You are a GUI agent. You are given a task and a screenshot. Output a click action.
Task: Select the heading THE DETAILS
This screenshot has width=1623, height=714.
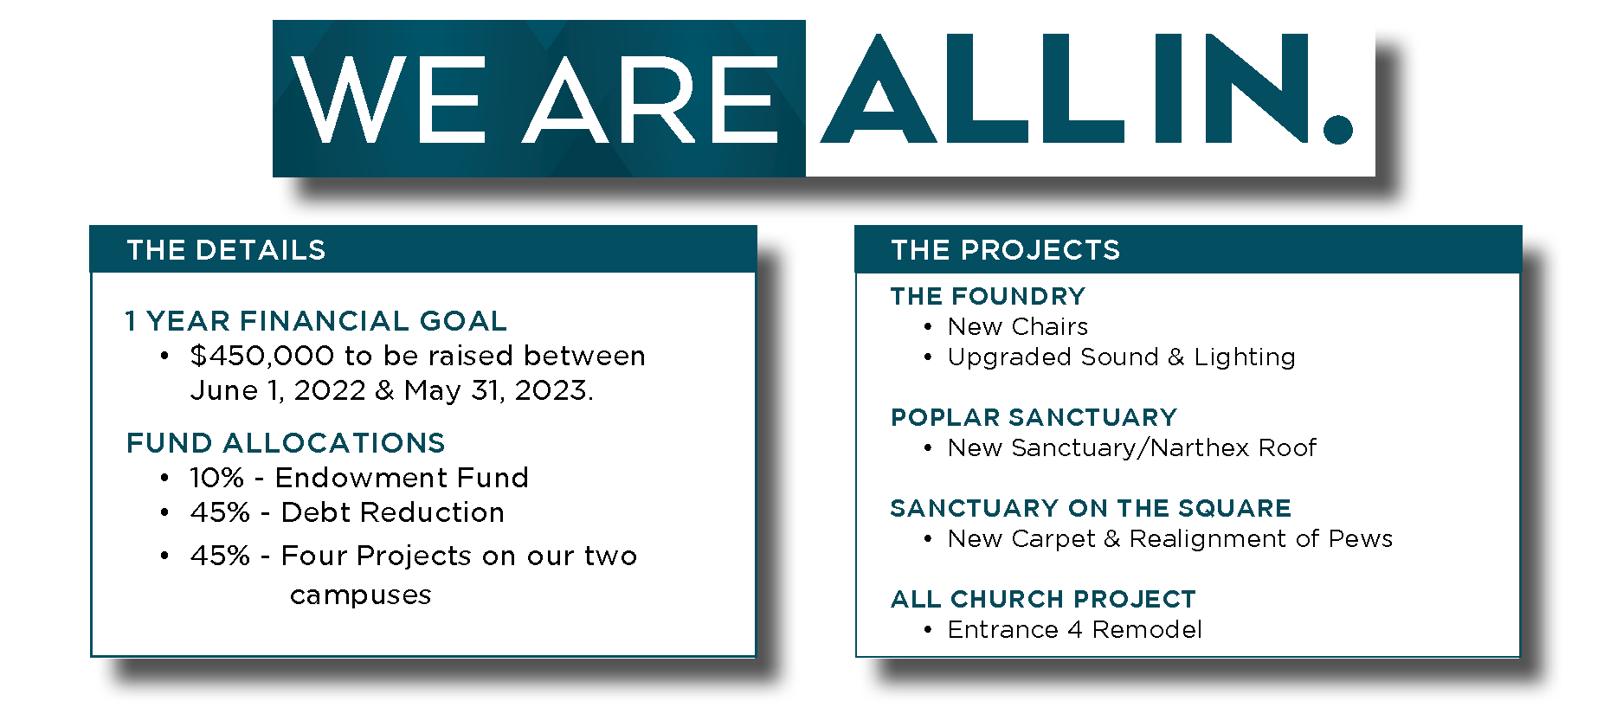coord(226,250)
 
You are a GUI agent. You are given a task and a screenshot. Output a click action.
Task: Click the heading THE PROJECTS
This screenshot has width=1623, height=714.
coord(1006,250)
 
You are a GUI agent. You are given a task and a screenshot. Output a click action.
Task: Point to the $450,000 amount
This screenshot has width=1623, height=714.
coord(262,356)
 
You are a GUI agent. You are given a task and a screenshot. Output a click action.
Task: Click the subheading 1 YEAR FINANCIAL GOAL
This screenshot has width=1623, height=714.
coord(316,321)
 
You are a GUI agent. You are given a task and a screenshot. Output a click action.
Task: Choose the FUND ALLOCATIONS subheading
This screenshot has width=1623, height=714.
coord(286,443)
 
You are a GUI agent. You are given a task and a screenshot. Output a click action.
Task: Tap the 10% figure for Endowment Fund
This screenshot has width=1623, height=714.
coord(217,478)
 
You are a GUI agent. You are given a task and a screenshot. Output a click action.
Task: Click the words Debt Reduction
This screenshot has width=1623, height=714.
coord(393,512)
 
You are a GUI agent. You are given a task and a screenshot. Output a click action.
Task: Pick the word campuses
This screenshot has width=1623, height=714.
coord(361,595)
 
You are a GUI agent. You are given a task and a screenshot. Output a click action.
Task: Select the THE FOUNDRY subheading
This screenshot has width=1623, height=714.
coord(988,296)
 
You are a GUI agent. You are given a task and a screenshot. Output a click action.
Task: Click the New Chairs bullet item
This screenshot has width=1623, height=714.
coord(1018,326)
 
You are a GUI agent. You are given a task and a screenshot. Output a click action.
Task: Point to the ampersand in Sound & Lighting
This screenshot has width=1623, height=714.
coord(1175,357)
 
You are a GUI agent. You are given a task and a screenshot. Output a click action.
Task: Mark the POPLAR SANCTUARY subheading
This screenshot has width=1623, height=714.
coord(1034,417)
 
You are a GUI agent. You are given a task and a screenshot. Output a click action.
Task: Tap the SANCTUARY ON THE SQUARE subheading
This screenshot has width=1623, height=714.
coord(1092,508)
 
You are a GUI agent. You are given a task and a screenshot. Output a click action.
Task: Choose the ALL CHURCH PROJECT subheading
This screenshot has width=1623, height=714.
coord(1044,599)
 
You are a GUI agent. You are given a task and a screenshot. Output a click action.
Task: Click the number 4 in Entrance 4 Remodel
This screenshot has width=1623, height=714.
coord(1075,629)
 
